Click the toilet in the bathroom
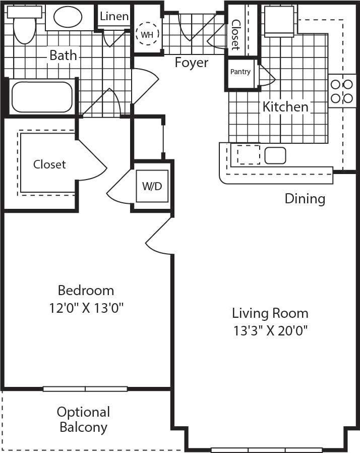pyautogui.click(x=24, y=26)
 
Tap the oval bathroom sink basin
pyautogui.click(x=68, y=18)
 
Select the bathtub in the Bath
pyautogui.click(x=42, y=97)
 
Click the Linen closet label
pyautogui.click(x=114, y=17)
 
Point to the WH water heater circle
pyautogui.click(x=147, y=34)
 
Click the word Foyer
pyautogui.click(x=191, y=63)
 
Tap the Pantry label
pyautogui.click(x=241, y=72)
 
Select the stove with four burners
pyautogui.click(x=342, y=91)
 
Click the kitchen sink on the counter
pyautogui.click(x=275, y=155)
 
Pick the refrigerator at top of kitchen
pyautogui.click(x=279, y=21)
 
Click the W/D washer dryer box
pyautogui.click(x=152, y=186)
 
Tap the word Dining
pyautogui.click(x=305, y=198)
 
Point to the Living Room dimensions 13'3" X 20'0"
pyautogui.click(x=270, y=331)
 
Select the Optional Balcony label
pyautogui.click(x=83, y=420)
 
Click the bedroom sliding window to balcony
pyautogui.click(x=85, y=388)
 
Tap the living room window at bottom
pyautogui.click(x=266, y=449)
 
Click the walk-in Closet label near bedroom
pyautogui.click(x=49, y=164)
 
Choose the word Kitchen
pyautogui.click(x=285, y=107)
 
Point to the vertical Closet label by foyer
pyautogui.click(x=235, y=34)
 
